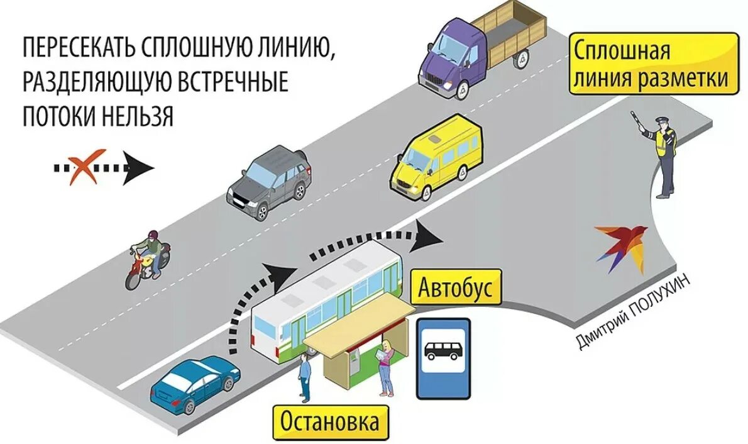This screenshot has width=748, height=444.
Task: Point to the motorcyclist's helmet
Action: (x=151, y=236)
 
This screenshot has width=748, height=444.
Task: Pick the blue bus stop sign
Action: (x=444, y=358)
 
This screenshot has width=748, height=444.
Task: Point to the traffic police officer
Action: (x=665, y=154)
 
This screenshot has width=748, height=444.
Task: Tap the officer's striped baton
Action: (x=635, y=121)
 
